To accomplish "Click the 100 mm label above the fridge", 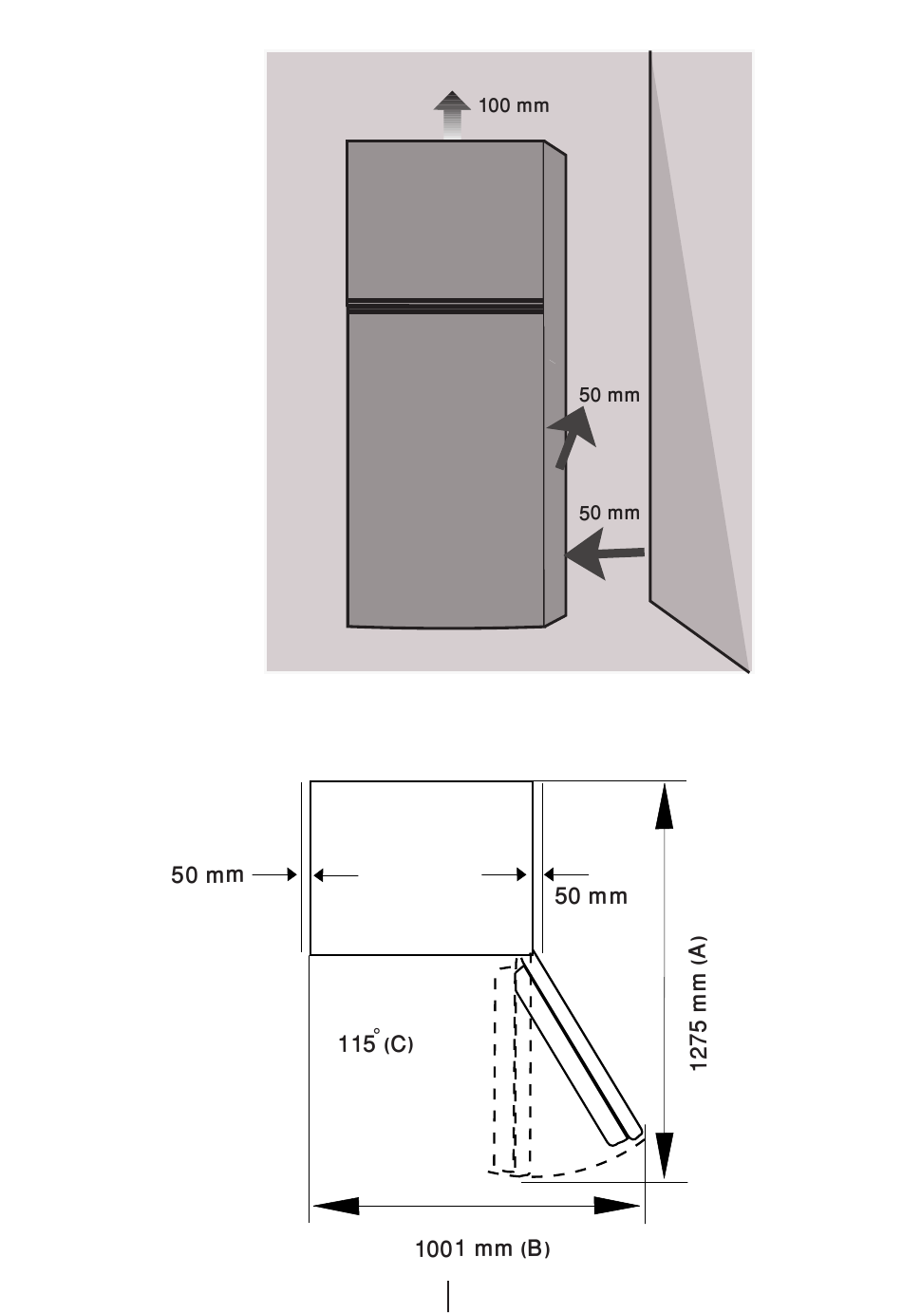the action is [514, 105].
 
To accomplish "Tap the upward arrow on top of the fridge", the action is [452, 116].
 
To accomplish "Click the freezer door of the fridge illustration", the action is [445, 220].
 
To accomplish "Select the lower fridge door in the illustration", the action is [445, 470].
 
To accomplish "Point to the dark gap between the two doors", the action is [445, 306].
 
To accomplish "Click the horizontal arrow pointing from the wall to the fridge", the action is [605, 553].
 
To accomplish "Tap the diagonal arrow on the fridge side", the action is [572, 438].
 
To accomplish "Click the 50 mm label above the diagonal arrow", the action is [609, 395].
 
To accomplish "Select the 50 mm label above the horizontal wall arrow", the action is [609, 513].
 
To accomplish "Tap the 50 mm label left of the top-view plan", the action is [208, 875].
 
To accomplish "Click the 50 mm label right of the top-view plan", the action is [591, 896].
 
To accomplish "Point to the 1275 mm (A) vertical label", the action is [698, 1004].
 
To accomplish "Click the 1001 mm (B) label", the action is [482, 1249].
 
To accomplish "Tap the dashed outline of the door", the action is [512, 1067].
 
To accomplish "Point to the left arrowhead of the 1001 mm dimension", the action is [336, 1206].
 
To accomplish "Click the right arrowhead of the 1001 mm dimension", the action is [617, 1206].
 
